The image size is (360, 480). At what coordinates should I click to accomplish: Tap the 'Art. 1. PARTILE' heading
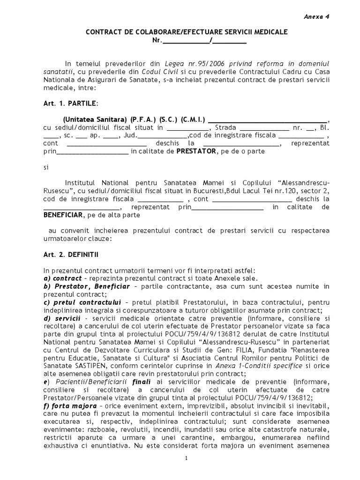pyautogui.click(x=71, y=103)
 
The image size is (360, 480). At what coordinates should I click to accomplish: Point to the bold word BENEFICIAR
pyautogui.click(x=63, y=215)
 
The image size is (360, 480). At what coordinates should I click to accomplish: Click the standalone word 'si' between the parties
pyautogui.click(x=46, y=167)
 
